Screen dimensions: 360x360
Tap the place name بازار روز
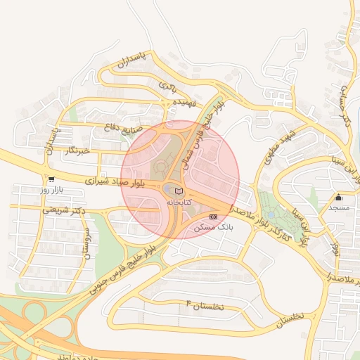click(x=51, y=191)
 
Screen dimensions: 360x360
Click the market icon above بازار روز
click(x=51, y=180)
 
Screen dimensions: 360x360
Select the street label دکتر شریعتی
click(x=64, y=209)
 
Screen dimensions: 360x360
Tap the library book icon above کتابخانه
click(x=178, y=191)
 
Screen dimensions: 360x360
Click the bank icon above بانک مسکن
click(x=214, y=217)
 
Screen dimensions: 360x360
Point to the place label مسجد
click(x=339, y=208)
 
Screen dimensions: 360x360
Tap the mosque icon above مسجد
click(x=339, y=198)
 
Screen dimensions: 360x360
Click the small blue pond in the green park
click(x=271, y=214)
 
